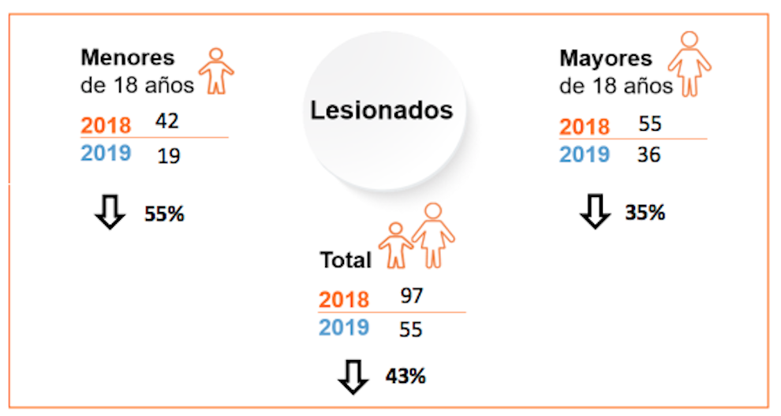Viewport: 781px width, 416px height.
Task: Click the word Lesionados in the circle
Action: (382, 110)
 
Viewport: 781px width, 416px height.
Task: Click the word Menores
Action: (127, 58)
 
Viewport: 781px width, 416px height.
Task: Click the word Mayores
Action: (606, 58)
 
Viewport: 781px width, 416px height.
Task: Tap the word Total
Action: (345, 260)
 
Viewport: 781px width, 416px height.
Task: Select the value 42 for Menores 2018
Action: (167, 121)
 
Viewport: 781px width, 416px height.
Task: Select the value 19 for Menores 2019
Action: (167, 155)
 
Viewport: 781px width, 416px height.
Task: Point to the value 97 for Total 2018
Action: (411, 295)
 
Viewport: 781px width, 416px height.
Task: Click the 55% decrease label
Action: (164, 214)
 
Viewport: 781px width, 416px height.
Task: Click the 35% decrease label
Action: (645, 212)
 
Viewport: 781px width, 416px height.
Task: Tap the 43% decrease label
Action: (405, 376)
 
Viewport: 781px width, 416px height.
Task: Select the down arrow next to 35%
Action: (595, 212)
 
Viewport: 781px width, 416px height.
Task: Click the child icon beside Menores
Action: (215, 70)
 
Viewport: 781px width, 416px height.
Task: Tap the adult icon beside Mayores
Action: (689, 63)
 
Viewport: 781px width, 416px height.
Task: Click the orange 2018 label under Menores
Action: (106, 125)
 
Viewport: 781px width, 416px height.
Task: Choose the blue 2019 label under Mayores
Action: (585, 154)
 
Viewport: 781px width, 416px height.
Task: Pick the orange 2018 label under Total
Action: (344, 299)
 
